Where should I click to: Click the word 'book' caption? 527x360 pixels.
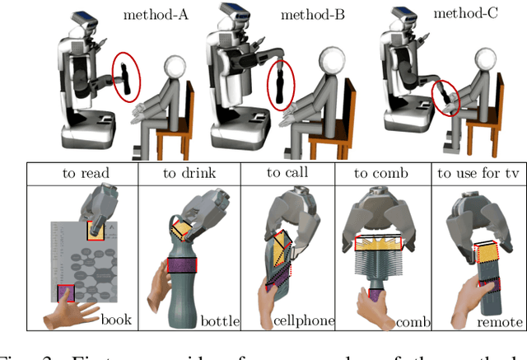coord(116,318)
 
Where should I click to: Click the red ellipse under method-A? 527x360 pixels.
coord(125,80)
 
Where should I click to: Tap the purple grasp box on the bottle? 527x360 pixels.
coord(182,265)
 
